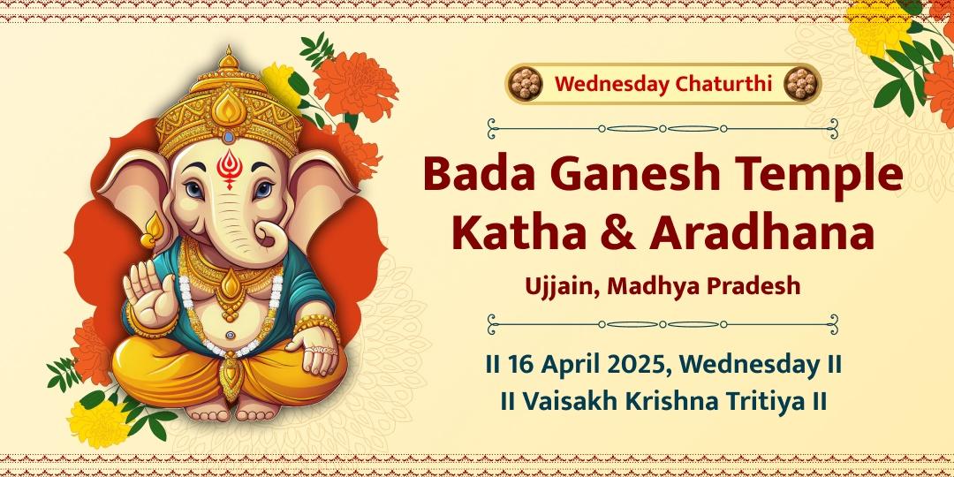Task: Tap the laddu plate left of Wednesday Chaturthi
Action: tap(526, 84)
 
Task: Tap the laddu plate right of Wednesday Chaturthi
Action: tap(800, 84)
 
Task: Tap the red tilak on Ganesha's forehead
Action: tap(230, 166)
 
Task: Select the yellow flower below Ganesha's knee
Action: tap(97, 423)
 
